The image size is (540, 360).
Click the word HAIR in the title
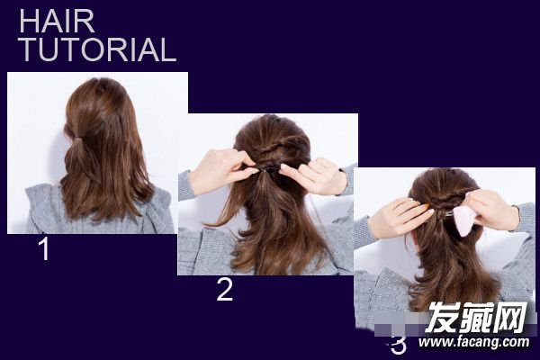[x=57, y=22]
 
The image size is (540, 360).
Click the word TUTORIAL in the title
[x=98, y=49]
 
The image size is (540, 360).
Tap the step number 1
[x=44, y=248]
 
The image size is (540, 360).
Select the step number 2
[x=224, y=290]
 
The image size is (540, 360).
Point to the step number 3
[x=399, y=345]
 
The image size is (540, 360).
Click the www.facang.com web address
[x=473, y=342]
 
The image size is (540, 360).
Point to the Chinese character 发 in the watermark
[x=441, y=318]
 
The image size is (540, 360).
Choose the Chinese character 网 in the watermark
[x=510, y=318]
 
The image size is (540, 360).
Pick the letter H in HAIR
[x=29, y=22]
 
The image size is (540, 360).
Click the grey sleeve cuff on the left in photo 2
[x=186, y=185]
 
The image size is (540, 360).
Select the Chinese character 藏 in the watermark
[x=475, y=318]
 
